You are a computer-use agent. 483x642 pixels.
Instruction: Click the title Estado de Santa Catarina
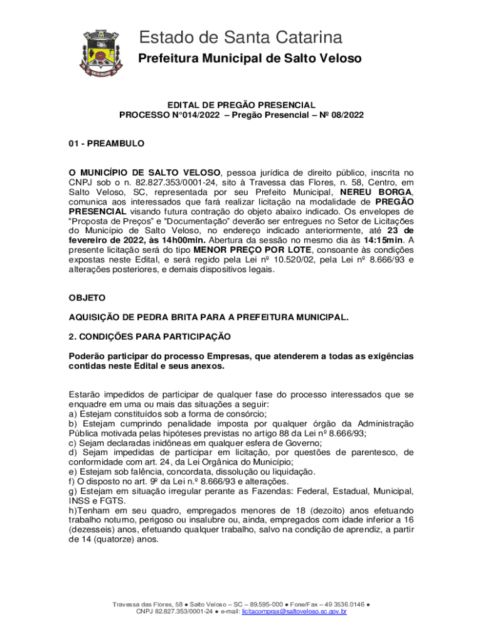point(241,38)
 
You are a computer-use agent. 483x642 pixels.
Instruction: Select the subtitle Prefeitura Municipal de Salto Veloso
point(250,59)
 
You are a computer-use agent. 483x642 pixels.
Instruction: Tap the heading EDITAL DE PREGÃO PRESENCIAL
point(241,105)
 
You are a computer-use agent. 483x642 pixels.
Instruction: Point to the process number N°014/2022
point(189,115)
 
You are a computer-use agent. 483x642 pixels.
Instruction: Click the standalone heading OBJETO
point(87,297)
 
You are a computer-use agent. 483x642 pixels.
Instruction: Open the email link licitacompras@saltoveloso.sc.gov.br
point(294,611)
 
